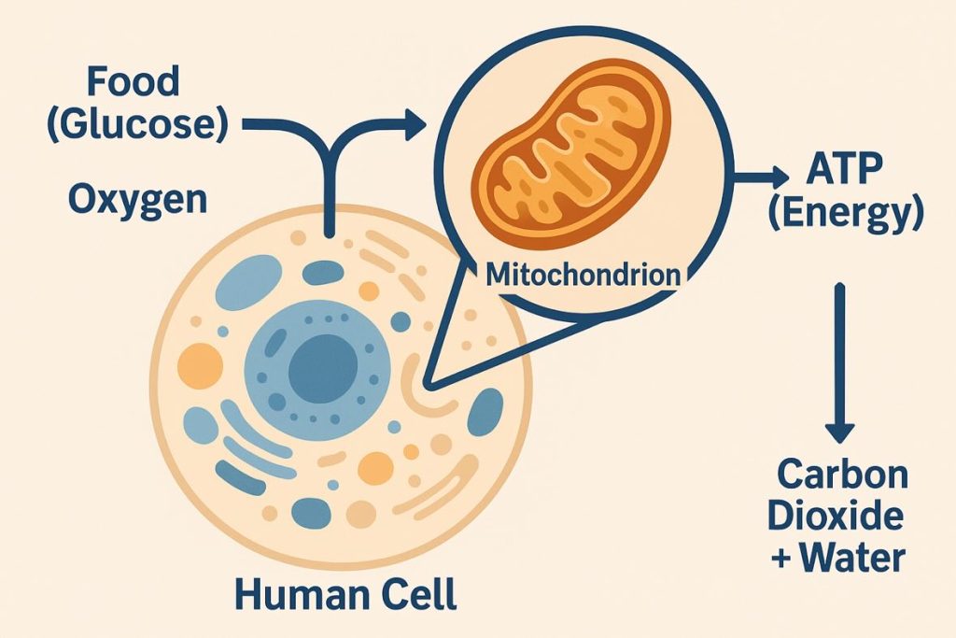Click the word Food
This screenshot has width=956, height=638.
point(133,82)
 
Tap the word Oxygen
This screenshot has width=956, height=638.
point(135,199)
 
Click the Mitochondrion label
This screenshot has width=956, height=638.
point(582,276)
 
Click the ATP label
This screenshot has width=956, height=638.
point(839,173)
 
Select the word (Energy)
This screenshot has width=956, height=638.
point(846,216)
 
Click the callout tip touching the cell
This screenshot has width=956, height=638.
point(428,382)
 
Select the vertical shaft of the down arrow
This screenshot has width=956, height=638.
point(841,355)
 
